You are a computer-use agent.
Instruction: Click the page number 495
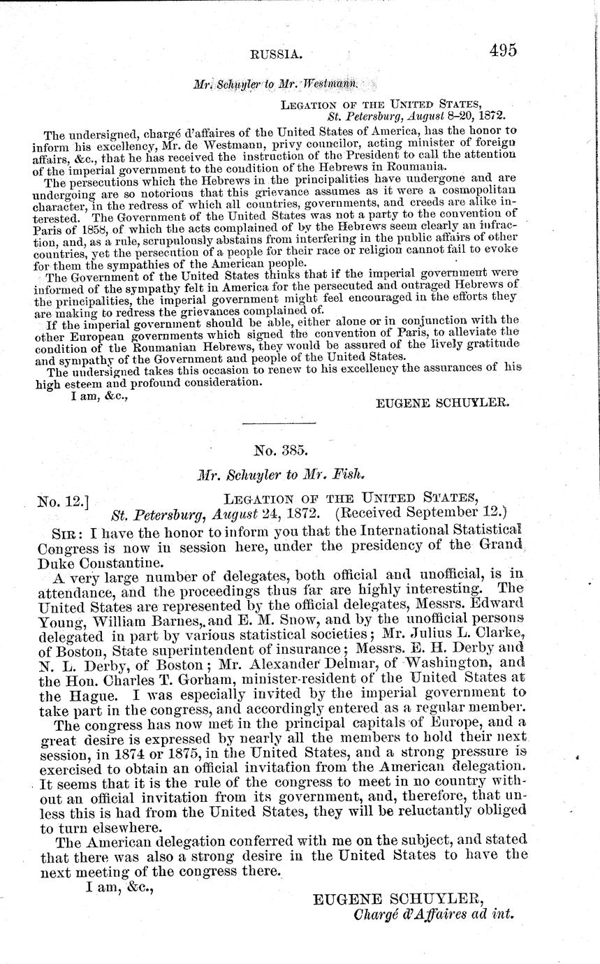502,50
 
